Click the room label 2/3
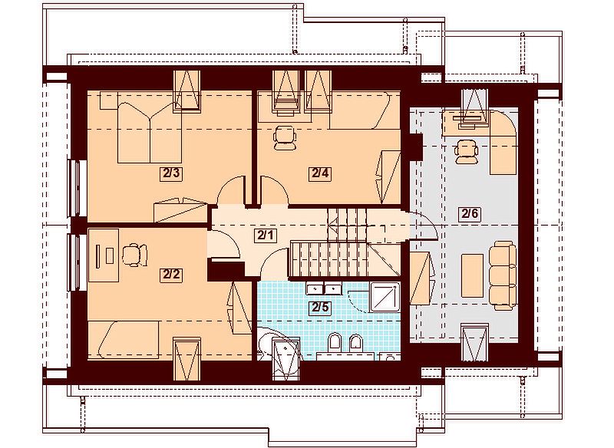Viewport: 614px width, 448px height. [x=171, y=173]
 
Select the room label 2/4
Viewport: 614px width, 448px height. [x=319, y=173]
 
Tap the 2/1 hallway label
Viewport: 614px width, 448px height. [x=266, y=236]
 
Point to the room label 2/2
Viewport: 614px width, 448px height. [x=171, y=275]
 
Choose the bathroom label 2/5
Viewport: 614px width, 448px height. [x=319, y=308]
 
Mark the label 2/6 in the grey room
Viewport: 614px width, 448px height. [x=470, y=214]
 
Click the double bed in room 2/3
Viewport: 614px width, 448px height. [x=150, y=132]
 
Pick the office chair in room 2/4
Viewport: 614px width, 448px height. [x=284, y=138]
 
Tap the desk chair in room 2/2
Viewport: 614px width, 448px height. [x=135, y=255]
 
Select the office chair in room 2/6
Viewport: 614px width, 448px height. [x=467, y=151]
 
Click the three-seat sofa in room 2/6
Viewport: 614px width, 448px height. [x=503, y=275]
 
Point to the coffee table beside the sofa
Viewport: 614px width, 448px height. [x=472, y=275]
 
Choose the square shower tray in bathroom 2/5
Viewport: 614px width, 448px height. [x=385, y=297]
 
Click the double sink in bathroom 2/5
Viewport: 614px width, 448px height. [x=324, y=288]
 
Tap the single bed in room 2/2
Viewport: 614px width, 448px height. [x=124, y=340]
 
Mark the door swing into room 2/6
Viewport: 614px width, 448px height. [x=424, y=224]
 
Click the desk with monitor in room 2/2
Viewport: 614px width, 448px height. [x=104, y=255]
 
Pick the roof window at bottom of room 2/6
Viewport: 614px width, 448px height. [x=474, y=342]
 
